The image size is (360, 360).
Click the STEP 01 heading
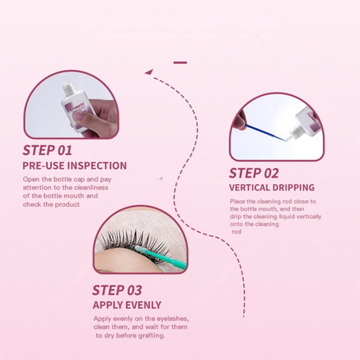48,151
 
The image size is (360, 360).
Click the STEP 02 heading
254,173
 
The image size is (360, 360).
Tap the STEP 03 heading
117,290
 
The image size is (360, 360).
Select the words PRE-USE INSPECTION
74,165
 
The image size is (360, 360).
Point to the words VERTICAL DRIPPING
272,188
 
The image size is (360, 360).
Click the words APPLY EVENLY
127,305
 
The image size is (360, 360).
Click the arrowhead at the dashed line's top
148,72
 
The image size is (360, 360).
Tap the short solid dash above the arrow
180,62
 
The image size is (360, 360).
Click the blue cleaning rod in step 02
265,132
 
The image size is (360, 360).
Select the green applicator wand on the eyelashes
162,256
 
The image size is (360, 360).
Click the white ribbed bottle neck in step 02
295,132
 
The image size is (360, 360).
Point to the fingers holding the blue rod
240,121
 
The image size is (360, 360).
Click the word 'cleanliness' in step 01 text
91,188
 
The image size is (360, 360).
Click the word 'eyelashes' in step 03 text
173,318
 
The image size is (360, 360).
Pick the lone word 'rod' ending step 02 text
236,232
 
